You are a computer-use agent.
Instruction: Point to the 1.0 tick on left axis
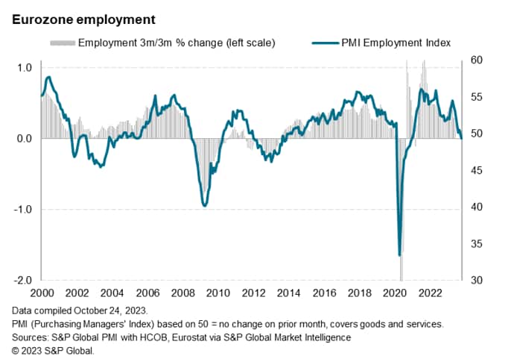pyautogui.click(x=24, y=68)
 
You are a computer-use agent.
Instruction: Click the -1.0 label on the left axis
pyautogui.click(x=22, y=210)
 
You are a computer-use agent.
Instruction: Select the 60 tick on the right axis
pyautogui.click(x=476, y=60)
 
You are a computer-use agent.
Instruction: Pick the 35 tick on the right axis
pyautogui.click(x=476, y=243)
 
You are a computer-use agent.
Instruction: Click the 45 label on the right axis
pyautogui.click(x=476, y=170)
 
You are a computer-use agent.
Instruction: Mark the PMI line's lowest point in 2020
pyautogui.click(x=400, y=255)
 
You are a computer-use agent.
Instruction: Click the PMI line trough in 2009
pyautogui.click(x=204, y=205)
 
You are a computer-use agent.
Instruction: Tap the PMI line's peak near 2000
pyautogui.click(x=48, y=77)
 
